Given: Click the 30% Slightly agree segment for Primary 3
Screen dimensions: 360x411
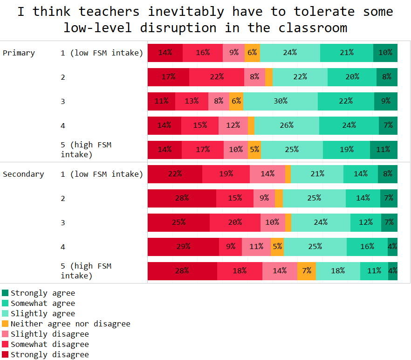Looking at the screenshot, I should (x=280, y=101).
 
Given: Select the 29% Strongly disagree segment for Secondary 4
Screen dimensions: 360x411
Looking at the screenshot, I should (x=183, y=247).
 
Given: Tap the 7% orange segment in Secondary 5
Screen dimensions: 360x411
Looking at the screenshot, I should (x=307, y=271).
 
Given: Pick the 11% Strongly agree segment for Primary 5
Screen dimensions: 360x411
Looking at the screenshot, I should (x=384, y=150).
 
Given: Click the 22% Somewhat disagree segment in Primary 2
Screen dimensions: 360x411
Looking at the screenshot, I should (x=217, y=77).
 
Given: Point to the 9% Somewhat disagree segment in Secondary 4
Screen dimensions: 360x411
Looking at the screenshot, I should (x=230, y=247).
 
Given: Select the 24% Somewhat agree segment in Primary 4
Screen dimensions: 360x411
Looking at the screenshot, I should (x=349, y=125).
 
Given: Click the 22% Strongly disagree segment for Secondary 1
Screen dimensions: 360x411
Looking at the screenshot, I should (x=175, y=174).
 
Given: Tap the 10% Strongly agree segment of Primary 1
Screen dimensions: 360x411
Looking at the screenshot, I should (x=385, y=53).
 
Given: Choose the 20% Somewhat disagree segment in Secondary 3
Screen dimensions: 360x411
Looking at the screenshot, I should (x=235, y=222).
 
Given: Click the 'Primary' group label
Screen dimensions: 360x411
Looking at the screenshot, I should (x=19, y=53).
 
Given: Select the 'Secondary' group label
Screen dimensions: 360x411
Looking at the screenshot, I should (x=23, y=174).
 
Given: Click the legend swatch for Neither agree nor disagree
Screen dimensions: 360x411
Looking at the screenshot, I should (x=5, y=324).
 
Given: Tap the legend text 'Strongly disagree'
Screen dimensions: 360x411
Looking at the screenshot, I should (x=49, y=354).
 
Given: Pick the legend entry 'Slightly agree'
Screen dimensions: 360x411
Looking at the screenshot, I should (x=42, y=313).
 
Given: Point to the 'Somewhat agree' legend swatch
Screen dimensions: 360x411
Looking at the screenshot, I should (x=5, y=303).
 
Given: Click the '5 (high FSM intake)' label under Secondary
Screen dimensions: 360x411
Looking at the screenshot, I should (x=86, y=271).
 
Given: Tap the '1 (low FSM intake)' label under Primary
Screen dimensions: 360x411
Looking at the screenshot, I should (x=102, y=53).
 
